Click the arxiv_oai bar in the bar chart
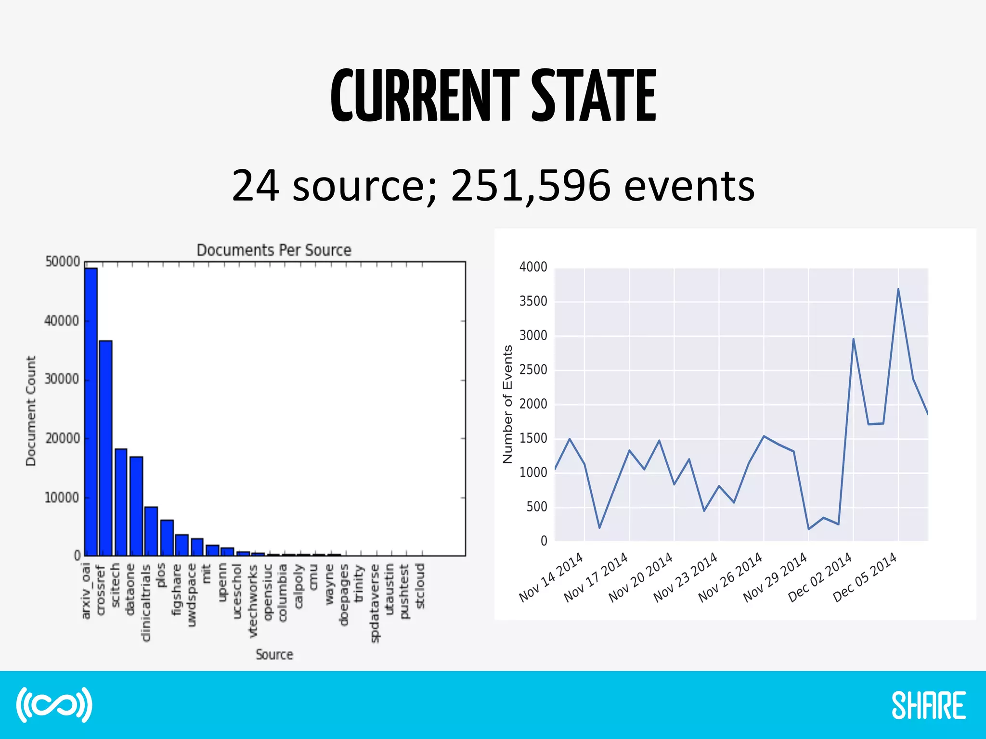coord(91,411)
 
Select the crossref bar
coord(106,447)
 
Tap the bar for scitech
coord(121,502)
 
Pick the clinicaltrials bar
coord(151,531)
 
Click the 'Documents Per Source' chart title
coord(274,250)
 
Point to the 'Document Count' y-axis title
coord(31,411)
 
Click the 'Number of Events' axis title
coord(507,404)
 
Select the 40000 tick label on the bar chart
coord(62,321)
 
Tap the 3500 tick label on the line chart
coord(533,302)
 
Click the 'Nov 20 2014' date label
coord(641,577)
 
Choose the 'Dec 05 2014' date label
coord(865,577)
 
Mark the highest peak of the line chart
coord(898,289)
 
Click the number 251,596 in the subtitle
coord(531,185)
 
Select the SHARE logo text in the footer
coord(929,706)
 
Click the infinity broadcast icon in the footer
coord(54,705)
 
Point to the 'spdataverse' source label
coord(375,603)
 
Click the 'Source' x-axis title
coord(274,654)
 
